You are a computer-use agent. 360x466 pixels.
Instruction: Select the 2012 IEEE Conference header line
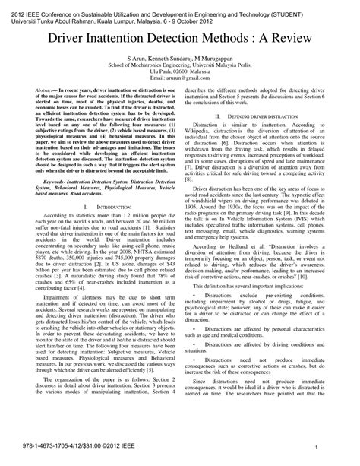click(x=179, y=5)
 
